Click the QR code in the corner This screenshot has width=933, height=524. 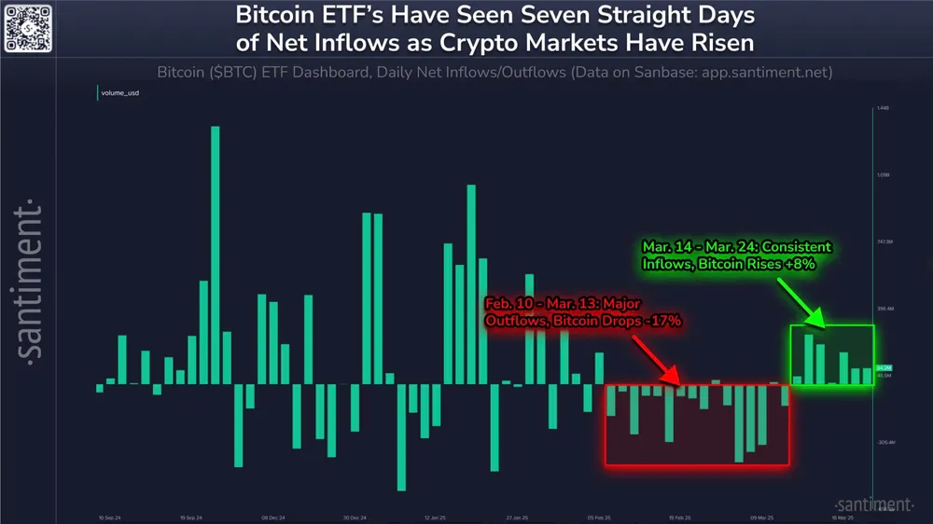26,27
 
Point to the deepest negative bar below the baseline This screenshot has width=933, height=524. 402,436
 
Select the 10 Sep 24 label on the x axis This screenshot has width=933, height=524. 112,516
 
